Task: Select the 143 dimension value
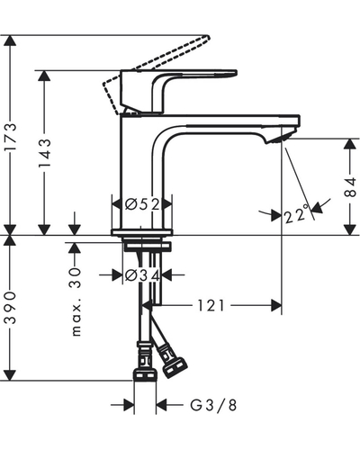tap(45, 153)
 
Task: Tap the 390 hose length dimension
tap(11, 308)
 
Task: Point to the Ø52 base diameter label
tap(142, 205)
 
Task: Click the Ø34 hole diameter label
tap(142, 275)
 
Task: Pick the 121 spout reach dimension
tap(211, 306)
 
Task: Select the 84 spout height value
tap(350, 187)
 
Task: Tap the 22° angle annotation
tap(296, 214)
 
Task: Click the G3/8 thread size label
tap(213, 405)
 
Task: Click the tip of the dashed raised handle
tap(207, 37)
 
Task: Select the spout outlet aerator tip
tap(280, 139)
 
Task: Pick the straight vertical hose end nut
tap(145, 375)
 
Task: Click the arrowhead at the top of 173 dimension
tap(10, 40)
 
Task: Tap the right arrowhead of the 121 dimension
tap(276, 306)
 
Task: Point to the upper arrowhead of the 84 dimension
tap(350, 144)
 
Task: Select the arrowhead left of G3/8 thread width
tap(129, 405)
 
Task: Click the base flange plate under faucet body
tap(142, 232)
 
